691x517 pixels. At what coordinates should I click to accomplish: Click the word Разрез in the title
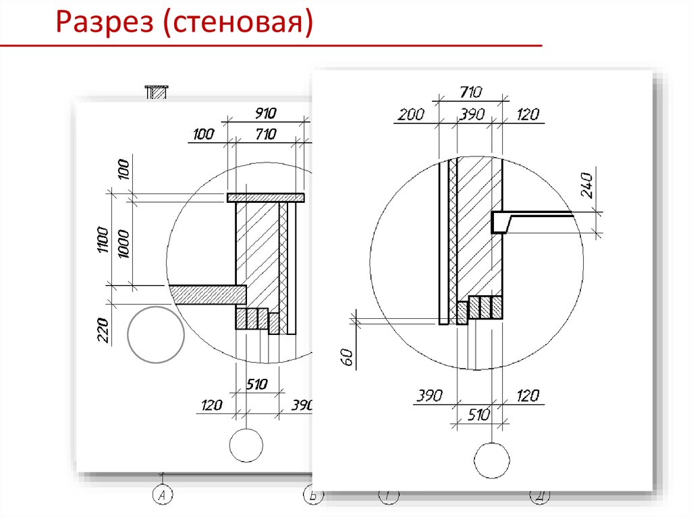(105, 22)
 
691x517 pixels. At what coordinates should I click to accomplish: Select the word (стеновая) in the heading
(238, 22)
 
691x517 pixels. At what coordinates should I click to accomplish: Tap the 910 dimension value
(265, 113)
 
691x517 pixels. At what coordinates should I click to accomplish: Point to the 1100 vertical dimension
(103, 239)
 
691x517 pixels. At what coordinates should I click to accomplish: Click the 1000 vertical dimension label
(123, 243)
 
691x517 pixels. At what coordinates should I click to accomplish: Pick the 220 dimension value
(103, 330)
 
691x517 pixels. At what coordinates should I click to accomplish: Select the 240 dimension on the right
(587, 185)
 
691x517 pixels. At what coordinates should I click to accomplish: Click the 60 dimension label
(348, 357)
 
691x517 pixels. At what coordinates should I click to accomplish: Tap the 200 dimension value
(411, 115)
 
